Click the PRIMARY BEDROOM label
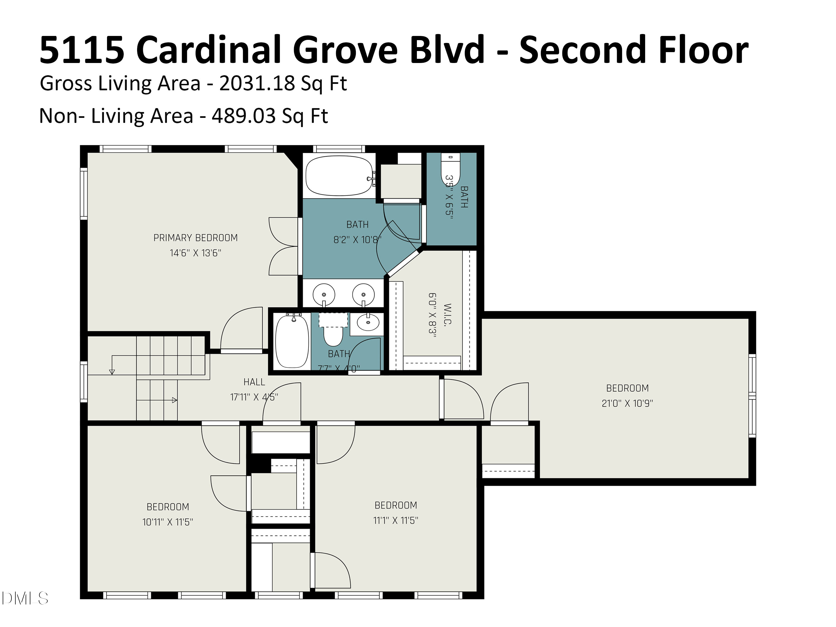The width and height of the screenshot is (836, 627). [195, 238]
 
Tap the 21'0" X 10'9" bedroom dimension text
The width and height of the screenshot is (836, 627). [627, 403]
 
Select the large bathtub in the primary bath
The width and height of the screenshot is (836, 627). [339, 176]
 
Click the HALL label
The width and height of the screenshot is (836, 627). [254, 382]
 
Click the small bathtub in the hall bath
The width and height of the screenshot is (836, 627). [292, 341]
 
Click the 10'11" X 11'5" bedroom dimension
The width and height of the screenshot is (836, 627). [167, 522]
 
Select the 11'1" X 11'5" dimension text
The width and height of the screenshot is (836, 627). [395, 521]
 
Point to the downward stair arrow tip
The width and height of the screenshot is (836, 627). [112, 372]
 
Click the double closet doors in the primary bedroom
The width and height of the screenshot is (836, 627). [283, 246]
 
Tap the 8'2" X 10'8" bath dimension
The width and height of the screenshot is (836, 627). [357, 240]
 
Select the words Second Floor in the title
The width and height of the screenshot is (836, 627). [633, 50]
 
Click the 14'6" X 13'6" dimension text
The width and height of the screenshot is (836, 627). [195, 253]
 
